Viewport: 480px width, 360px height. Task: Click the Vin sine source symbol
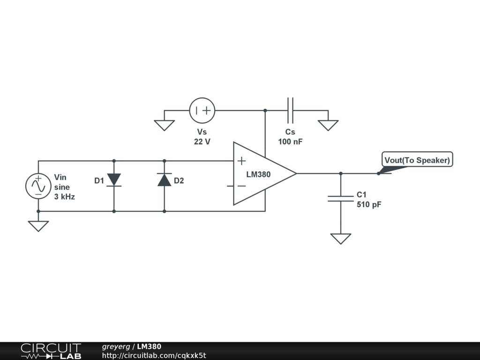tap(38, 186)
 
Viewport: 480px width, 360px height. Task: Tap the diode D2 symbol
tap(164, 180)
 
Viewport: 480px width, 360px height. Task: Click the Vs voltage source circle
tap(202, 111)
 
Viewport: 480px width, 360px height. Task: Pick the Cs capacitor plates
tap(290, 111)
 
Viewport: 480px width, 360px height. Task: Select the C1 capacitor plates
tap(341, 198)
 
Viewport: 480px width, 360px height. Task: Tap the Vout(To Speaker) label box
tap(417, 160)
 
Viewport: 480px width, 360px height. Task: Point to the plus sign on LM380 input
tap(241, 161)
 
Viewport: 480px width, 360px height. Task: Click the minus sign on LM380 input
tap(241, 186)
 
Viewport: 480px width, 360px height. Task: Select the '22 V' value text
tap(202, 142)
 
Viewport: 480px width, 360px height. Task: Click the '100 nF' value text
tap(290, 142)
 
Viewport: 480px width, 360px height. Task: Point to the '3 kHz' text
tap(65, 197)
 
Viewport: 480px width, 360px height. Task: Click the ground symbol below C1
tap(341, 239)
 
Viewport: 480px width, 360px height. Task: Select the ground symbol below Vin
tap(38, 226)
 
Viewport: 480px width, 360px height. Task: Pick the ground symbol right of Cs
tap(328, 125)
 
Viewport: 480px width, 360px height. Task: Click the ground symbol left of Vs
tap(164, 125)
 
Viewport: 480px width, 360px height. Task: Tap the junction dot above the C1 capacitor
tap(341, 173)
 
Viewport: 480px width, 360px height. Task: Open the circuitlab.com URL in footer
tap(154, 355)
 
